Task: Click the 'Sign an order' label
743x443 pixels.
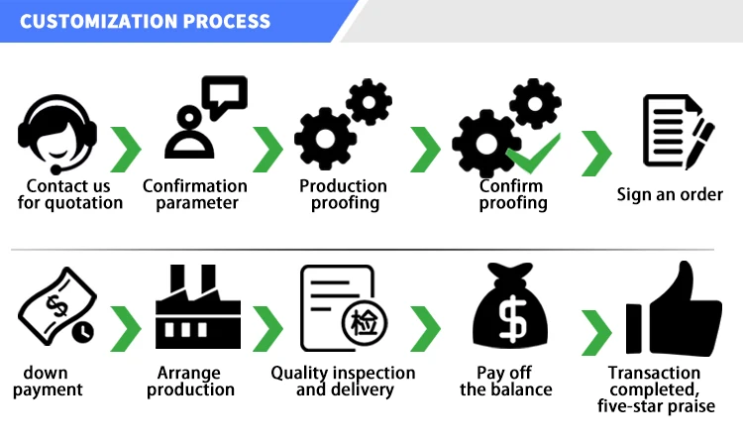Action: pyautogui.click(x=670, y=194)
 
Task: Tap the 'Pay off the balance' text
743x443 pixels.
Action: pyautogui.click(x=505, y=382)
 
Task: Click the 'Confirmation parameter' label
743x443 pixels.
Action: pyautogui.click(x=195, y=194)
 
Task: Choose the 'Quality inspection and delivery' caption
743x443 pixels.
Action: pyautogui.click(x=344, y=382)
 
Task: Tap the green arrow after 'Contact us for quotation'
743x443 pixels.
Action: pyautogui.click(x=126, y=150)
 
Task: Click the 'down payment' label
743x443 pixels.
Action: pyautogui.click(x=52, y=382)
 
